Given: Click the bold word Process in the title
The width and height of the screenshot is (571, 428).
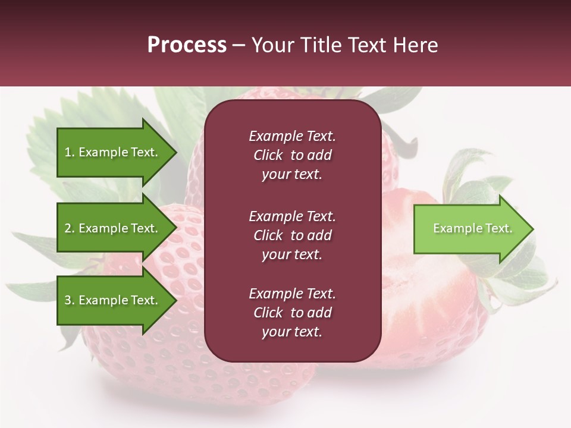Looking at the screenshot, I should pos(187,45).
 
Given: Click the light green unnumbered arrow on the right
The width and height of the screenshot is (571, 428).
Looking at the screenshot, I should pos(464,228).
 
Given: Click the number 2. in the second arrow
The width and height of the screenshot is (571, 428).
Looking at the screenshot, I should pos(70,228).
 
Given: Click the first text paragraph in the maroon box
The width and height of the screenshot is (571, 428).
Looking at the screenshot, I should pos(292,155).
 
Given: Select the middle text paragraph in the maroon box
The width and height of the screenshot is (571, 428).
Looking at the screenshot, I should pos(292,235).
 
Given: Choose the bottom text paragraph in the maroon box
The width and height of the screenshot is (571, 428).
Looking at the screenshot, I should pos(292,313).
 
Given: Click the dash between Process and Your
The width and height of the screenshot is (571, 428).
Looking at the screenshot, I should pos(239,45).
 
